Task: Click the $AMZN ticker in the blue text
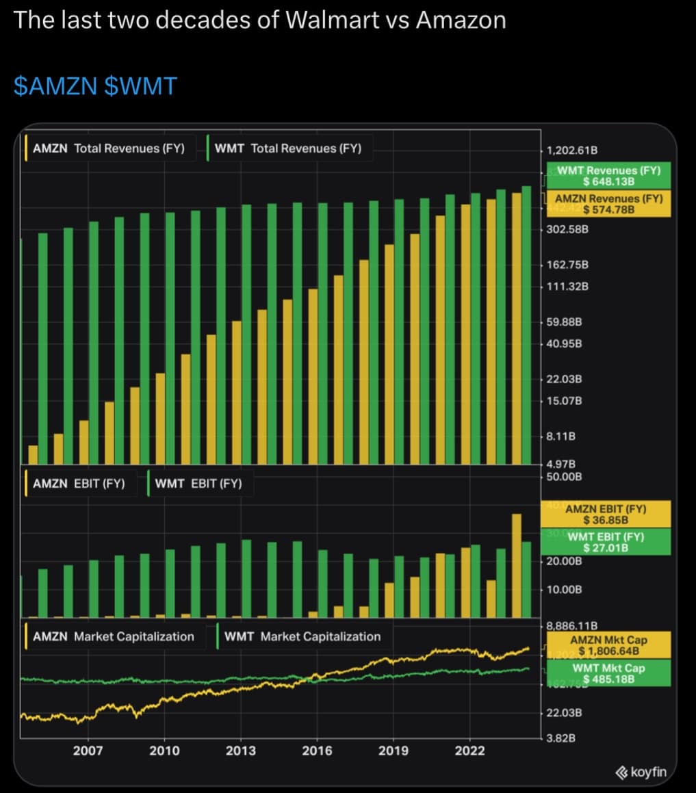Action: point(57,86)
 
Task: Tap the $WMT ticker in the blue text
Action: point(141,86)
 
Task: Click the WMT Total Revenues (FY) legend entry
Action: point(288,148)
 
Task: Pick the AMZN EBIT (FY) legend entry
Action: point(79,484)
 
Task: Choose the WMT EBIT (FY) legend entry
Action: point(198,484)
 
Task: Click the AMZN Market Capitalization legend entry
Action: point(114,636)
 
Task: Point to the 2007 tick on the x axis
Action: point(88,751)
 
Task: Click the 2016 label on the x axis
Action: point(317,751)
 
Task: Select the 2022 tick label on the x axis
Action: point(469,751)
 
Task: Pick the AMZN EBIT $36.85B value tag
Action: point(606,514)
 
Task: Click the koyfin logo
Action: point(641,772)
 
